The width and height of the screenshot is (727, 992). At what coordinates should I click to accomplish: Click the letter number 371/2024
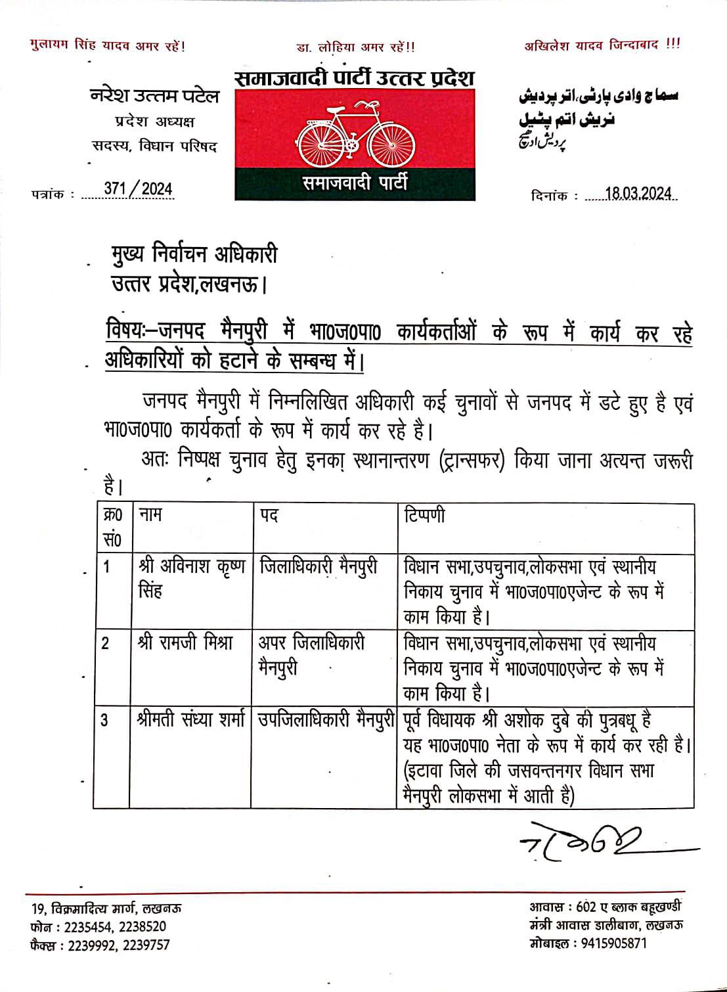pos(138,190)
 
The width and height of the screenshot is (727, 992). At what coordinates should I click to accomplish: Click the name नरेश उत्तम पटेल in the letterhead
pos(154,97)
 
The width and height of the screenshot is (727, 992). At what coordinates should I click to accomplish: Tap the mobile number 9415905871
pos(611,943)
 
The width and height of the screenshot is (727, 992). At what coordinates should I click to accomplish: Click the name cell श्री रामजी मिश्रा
pos(186,643)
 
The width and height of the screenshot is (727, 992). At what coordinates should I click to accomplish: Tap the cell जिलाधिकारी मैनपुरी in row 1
pos(319,566)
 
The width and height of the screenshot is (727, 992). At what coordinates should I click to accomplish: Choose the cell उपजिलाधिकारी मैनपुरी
pos(326,720)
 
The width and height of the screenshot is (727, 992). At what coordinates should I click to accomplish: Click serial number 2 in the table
pos(106,643)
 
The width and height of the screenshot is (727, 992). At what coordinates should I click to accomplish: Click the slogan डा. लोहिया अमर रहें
pos(355,47)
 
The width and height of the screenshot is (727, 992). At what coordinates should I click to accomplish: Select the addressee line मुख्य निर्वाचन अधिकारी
pos(194,254)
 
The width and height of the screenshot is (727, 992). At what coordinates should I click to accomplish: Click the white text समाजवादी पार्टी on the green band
pos(355,183)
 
